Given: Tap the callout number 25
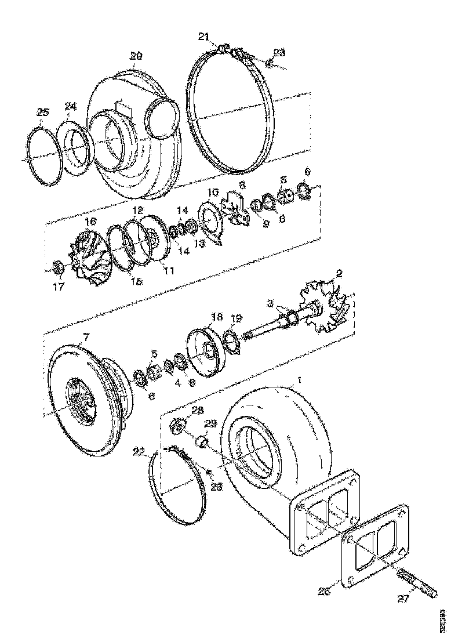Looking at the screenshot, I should coord(43,113).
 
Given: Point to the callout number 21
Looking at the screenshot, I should coord(203,37).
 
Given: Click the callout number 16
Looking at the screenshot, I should coord(90,222).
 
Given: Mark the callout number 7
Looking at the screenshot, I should coord(87,337).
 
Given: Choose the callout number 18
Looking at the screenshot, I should coord(217,317).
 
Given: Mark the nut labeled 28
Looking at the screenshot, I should coord(177,427).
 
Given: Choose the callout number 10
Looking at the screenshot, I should coord(213,192).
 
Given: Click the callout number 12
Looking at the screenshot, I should coord(137,209).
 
